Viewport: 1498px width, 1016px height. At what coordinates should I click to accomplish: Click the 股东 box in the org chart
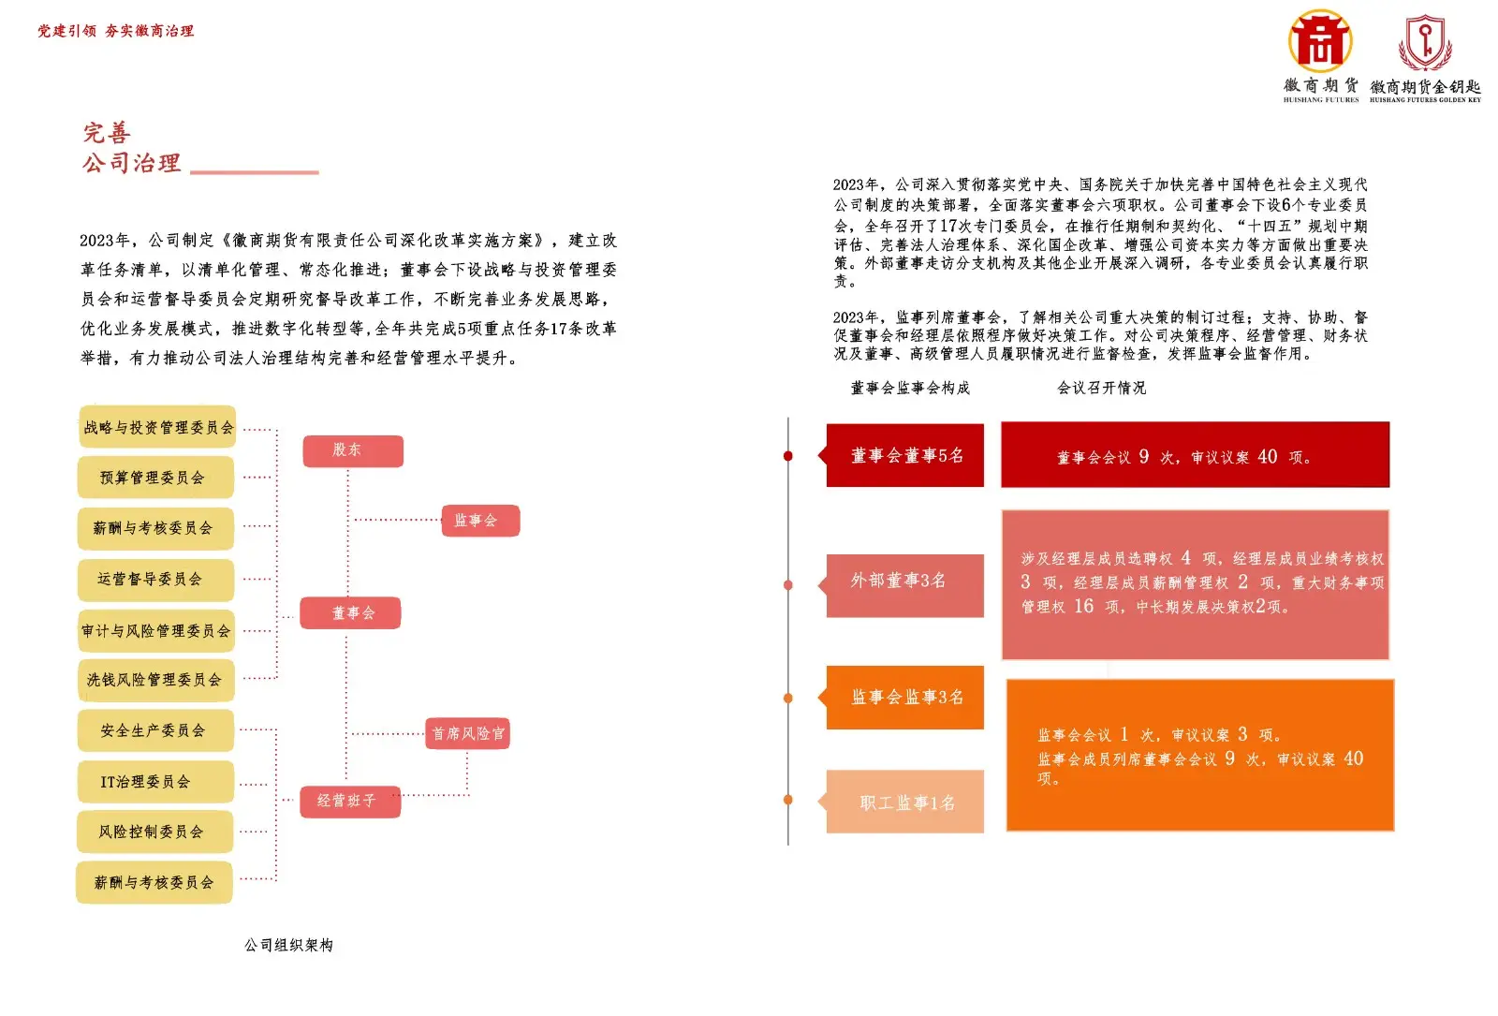[x=353, y=450]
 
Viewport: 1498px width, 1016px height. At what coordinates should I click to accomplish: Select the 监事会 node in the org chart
[x=480, y=521]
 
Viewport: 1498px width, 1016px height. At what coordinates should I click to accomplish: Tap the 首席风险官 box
[x=467, y=734]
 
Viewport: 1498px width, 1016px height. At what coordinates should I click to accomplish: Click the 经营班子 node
[x=350, y=802]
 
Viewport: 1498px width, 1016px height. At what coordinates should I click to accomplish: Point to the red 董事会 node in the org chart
[x=350, y=612]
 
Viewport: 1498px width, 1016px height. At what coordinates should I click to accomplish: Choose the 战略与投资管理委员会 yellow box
[x=157, y=427]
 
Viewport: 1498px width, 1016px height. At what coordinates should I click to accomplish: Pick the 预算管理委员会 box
[x=155, y=478]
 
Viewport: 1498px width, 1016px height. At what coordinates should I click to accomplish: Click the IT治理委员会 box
[x=155, y=781]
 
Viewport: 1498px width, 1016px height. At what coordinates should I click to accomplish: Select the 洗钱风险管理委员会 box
[x=155, y=680]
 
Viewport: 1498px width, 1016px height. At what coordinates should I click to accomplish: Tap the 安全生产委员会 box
[x=155, y=730]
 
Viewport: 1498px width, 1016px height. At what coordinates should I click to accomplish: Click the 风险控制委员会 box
[x=155, y=832]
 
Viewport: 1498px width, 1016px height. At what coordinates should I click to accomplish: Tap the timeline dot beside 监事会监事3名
[x=788, y=699]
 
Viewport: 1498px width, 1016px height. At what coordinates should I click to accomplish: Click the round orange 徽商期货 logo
[x=1320, y=41]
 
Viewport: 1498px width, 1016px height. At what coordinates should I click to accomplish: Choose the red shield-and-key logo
[x=1425, y=43]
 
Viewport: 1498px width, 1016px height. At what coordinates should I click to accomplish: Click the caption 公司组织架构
[x=289, y=945]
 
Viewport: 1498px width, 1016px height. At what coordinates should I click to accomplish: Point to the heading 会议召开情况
[x=1101, y=388]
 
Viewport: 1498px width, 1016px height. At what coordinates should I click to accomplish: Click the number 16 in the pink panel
[x=1084, y=606]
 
